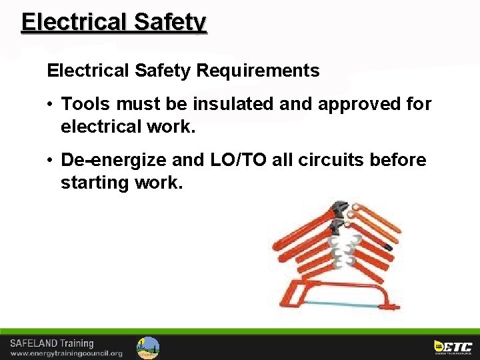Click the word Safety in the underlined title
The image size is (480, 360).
click(x=170, y=22)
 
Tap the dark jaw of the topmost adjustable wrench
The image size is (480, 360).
click(x=341, y=207)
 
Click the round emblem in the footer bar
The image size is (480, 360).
click(x=148, y=347)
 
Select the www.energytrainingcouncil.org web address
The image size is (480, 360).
click(x=66, y=353)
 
